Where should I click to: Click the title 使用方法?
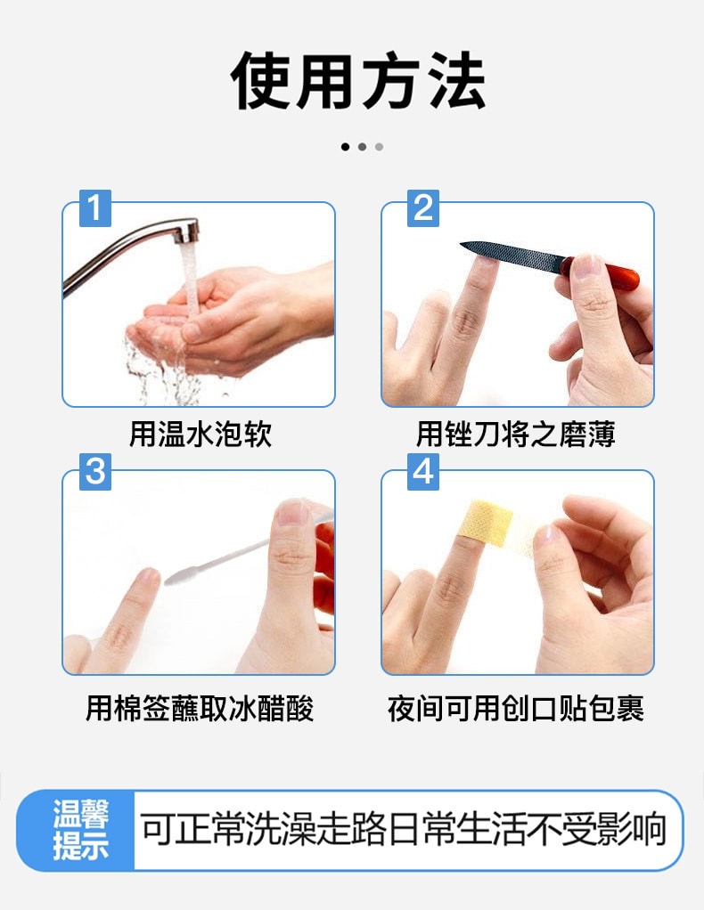coord(358,82)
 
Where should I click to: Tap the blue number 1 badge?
coord(95,207)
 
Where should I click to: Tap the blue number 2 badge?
coord(423,207)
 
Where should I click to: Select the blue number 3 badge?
coord(95,472)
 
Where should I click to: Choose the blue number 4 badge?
coord(423,472)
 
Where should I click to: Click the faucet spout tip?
coord(188,233)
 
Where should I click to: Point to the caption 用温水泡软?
coord(200,434)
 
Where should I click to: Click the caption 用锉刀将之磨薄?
coord(516,434)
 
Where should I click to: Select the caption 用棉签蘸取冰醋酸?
coord(200,709)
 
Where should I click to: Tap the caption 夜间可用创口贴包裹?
coord(516,709)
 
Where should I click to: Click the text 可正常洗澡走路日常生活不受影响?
coord(404,830)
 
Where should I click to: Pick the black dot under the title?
coord(345,147)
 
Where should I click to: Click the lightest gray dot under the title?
coord(379,147)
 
